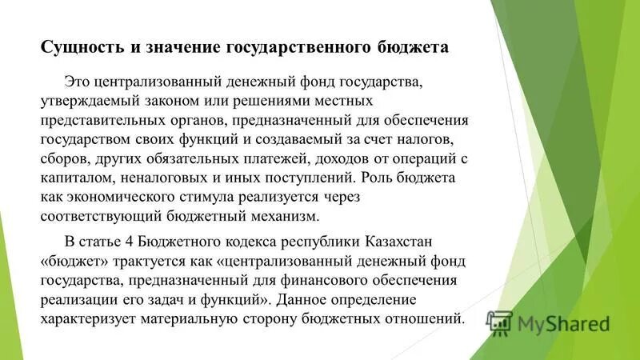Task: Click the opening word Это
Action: pyautogui.click(x=76, y=83)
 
